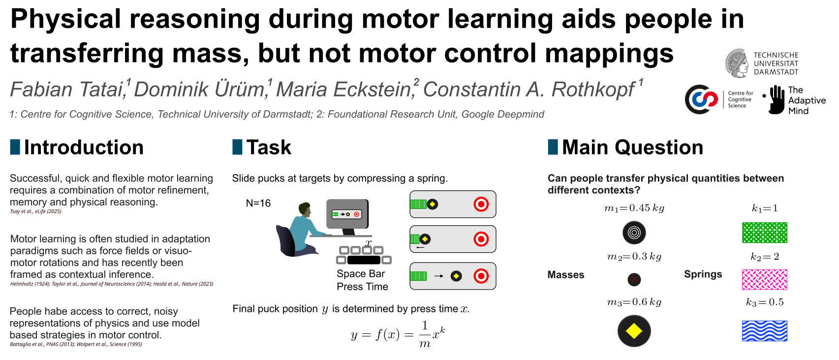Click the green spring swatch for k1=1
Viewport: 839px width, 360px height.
(765, 233)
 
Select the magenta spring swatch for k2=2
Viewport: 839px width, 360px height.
(765, 279)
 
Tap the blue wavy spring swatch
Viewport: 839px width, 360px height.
(765, 331)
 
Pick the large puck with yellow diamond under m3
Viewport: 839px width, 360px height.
(634, 331)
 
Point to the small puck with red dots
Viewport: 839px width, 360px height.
(634, 279)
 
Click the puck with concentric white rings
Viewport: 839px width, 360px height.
(634, 233)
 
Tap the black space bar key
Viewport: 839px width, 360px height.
(364, 260)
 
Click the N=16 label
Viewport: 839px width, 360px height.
(258, 203)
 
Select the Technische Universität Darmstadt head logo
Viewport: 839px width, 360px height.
(737, 63)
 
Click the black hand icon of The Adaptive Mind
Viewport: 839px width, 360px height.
(776, 99)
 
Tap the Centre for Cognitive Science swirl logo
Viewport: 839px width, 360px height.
(701, 99)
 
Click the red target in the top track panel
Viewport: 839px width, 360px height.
(481, 204)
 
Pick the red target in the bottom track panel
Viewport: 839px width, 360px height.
(481, 276)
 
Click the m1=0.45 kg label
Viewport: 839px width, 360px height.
(634, 208)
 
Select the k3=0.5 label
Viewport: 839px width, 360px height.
(765, 302)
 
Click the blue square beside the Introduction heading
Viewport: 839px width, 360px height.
(15, 147)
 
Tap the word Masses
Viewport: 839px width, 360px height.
(566, 275)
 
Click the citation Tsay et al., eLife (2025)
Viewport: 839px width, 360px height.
(35, 211)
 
